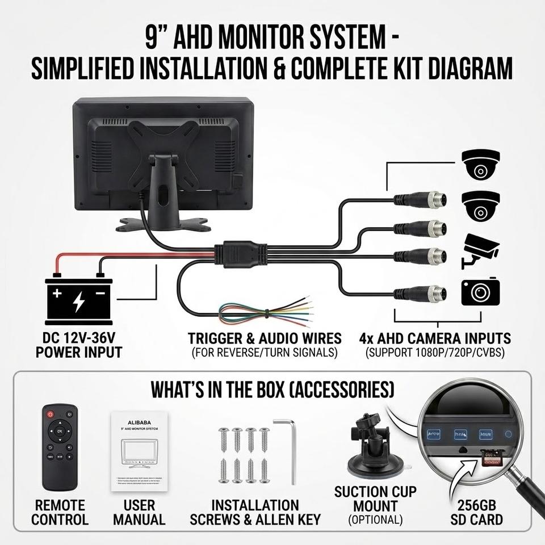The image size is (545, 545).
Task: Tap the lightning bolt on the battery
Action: (x=78, y=301)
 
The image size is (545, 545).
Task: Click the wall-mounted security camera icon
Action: (x=480, y=250)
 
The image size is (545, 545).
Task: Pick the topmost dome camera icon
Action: (x=480, y=165)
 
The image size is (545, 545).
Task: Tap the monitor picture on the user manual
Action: (x=139, y=454)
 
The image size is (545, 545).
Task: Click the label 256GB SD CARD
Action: (x=476, y=512)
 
